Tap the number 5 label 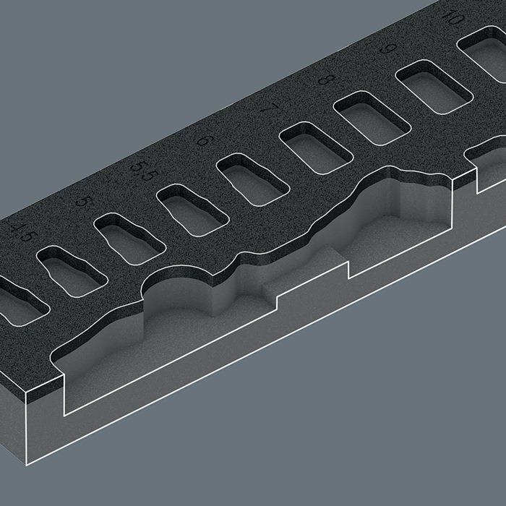click(83, 202)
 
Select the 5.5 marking click(144, 171)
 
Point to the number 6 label click(206, 140)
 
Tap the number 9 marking click(387, 48)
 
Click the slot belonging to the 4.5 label click(72, 271)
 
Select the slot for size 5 click(129, 239)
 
